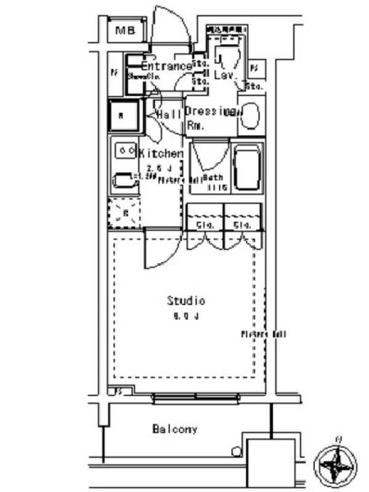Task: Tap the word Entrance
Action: [x=166, y=66]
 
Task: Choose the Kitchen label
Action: [x=161, y=154]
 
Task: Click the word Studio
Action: [x=186, y=301]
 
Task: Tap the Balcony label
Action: [x=175, y=429]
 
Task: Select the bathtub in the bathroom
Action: [x=247, y=167]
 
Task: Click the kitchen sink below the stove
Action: [x=123, y=181]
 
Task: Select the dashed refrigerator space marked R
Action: [x=125, y=214]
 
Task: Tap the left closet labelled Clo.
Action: [x=205, y=226]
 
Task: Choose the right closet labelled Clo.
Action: [x=244, y=226]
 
